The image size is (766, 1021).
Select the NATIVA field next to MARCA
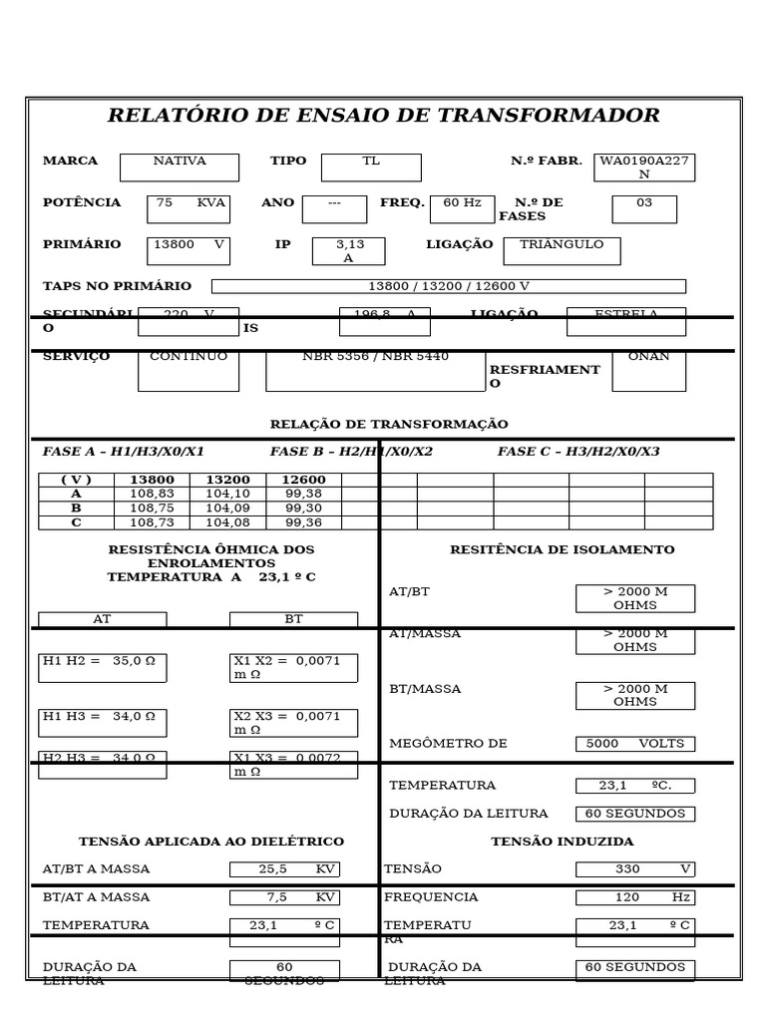(180, 167)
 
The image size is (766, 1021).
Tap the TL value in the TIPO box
(372, 167)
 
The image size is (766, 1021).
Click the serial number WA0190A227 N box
(644, 167)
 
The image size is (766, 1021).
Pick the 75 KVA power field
(189, 208)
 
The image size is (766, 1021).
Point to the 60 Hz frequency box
(462, 208)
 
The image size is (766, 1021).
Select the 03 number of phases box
(644, 208)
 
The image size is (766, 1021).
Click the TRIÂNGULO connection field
(562, 250)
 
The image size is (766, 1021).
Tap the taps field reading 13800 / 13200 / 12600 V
(449, 286)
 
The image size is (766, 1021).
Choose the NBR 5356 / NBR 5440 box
(375, 370)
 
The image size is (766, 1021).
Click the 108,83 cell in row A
(152, 494)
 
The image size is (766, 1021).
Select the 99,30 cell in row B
(303, 508)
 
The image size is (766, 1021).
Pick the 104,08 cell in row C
(227, 522)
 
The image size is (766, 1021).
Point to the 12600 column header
(303, 480)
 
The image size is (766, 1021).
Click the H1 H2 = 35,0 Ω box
(103, 667)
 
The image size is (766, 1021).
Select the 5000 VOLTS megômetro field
(635, 743)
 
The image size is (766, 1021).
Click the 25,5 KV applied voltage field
(284, 868)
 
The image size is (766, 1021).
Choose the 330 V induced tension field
(635, 868)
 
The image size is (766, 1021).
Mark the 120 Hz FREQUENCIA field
(635, 897)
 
